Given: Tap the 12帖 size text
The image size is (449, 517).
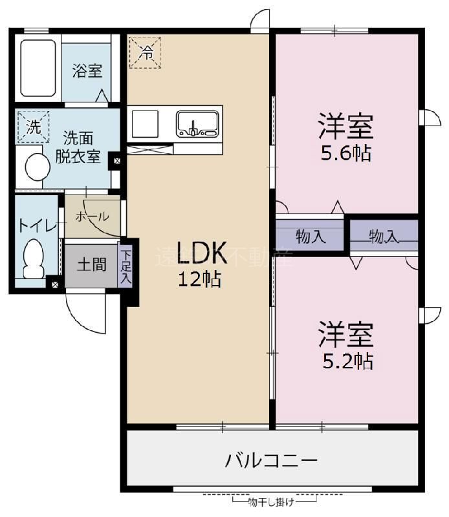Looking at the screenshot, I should click(200, 279).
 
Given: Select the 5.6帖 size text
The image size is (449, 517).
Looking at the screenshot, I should click(346, 154).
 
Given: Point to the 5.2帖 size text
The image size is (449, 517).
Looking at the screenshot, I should click(347, 361).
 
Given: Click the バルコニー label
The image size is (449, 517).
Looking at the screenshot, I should click(272, 461).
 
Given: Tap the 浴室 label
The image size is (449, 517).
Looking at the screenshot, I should click(87, 70).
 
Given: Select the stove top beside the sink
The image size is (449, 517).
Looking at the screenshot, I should click(145, 122).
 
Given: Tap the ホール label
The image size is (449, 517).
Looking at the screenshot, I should click(92, 217).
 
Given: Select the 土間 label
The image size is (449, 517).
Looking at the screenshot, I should click(91, 265).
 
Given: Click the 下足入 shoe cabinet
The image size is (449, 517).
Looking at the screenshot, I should click(125, 265).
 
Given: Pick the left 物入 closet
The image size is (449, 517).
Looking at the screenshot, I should click(310, 236).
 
